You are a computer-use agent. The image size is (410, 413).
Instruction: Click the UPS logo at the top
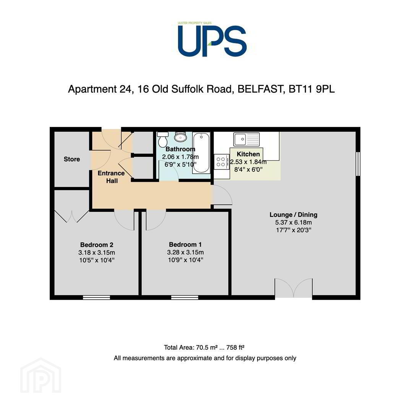(212, 39)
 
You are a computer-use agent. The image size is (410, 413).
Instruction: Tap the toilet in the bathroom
(163, 139)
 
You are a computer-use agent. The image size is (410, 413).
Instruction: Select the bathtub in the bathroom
(201, 153)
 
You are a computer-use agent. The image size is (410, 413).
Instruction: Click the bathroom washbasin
(180, 137)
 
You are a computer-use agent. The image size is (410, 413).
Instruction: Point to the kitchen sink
(246, 139)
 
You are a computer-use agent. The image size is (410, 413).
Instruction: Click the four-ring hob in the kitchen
(221, 162)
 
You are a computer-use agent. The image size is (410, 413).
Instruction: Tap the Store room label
(72, 159)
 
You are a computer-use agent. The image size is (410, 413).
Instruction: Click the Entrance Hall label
(111, 177)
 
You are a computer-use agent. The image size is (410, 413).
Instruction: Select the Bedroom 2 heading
(97, 245)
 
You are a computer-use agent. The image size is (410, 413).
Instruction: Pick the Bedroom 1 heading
(185, 244)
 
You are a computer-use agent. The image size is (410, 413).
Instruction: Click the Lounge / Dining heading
(293, 215)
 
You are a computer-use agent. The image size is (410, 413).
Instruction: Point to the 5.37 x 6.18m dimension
(293, 222)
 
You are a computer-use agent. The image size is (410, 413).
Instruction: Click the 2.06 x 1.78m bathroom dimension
(180, 157)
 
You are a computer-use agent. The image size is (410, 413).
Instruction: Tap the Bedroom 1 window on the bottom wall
(185, 298)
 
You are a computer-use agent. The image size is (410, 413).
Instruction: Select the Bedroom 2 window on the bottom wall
(96, 298)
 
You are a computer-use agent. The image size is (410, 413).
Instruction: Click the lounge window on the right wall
(358, 164)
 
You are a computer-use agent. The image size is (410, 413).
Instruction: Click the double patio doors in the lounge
(294, 288)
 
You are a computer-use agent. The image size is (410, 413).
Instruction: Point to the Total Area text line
(204, 347)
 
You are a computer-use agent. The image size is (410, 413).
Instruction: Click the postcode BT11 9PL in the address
(311, 89)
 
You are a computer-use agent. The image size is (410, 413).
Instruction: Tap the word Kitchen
(248, 154)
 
